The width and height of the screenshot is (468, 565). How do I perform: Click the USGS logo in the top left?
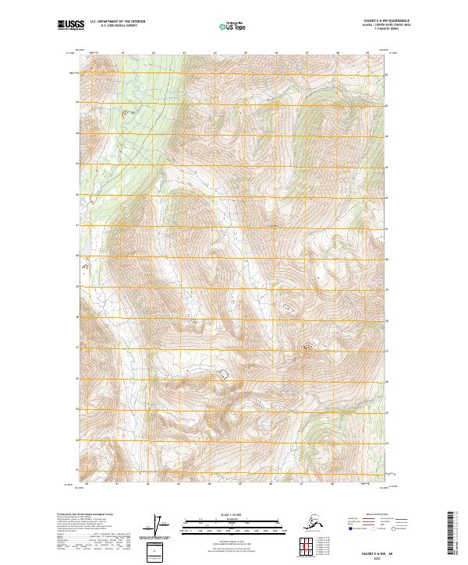pyautogui.click(x=69, y=26)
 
